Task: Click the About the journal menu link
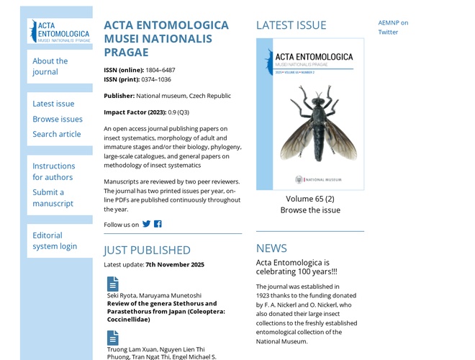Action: tap(50, 66)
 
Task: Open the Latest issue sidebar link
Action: tap(53, 104)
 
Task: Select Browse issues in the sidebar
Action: tap(58, 119)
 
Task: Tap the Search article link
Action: tap(56, 134)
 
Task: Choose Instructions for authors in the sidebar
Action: tap(53, 171)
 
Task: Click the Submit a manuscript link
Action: tap(53, 197)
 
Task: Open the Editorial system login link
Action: tap(54, 240)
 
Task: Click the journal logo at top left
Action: tap(60, 32)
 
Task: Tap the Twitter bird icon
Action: tap(147, 224)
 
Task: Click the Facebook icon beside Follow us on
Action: tap(158, 224)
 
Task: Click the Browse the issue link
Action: tap(310, 210)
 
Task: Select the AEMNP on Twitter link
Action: tap(393, 27)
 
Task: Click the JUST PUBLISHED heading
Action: tap(147, 250)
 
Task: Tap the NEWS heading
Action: tap(271, 248)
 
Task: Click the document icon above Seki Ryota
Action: tap(113, 284)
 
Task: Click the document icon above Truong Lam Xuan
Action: tap(113, 338)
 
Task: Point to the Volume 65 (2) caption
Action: tap(310, 199)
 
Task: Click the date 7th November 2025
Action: tap(175, 264)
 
